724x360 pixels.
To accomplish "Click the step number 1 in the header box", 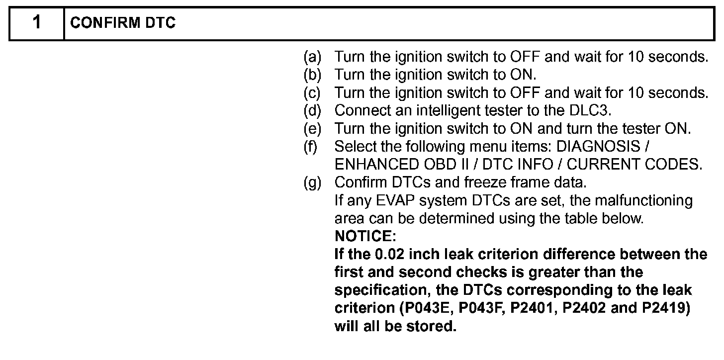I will [x=37, y=23].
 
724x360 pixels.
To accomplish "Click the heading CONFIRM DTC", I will [x=123, y=24].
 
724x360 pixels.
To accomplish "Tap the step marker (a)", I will [x=313, y=57].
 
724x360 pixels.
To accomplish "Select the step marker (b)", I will [x=313, y=75].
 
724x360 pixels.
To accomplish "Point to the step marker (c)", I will [x=313, y=93].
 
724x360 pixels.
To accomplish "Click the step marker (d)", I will [x=313, y=111].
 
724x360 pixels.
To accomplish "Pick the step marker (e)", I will [x=313, y=129].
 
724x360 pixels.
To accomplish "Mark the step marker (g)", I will [x=313, y=182].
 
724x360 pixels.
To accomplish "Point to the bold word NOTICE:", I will [x=365, y=236].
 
